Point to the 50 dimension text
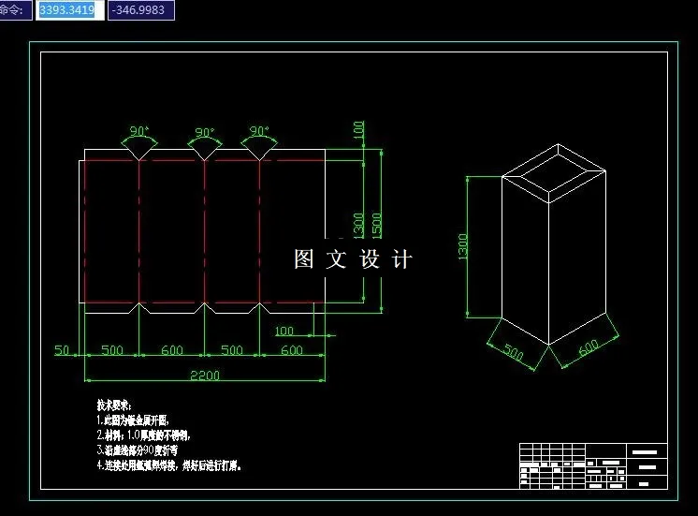coord(63,350)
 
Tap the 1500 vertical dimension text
coord(376,225)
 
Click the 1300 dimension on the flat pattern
coord(359,225)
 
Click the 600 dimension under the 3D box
coord(589,347)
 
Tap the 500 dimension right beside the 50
coord(112,350)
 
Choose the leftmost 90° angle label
coord(139,131)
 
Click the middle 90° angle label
coord(205,133)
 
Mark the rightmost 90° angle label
coord(259,131)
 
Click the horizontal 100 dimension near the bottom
coord(284,331)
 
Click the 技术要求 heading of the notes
coord(114,405)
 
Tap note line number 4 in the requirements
coord(168,464)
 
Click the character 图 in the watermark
coord(303,258)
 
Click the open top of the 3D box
coord(557,169)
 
